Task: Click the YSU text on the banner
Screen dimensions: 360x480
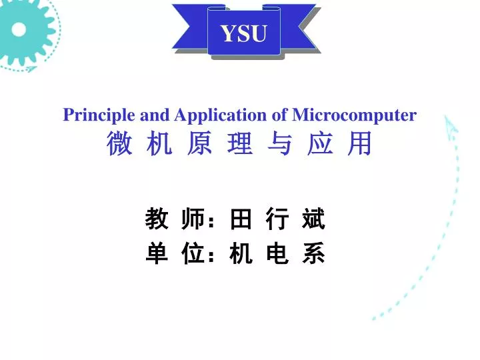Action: pos(243,33)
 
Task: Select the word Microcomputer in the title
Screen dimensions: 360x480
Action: pos(354,115)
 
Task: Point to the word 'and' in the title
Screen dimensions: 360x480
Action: pos(155,115)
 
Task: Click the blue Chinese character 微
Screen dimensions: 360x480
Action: pos(119,144)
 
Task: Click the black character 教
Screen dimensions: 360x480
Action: pos(157,219)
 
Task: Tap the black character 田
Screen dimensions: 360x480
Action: pos(240,219)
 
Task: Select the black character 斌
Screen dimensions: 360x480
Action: pos(313,219)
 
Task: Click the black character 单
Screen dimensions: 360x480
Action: pos(157,254)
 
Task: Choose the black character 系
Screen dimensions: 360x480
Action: pos(313,254)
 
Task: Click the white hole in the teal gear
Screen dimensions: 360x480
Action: pos(19,29)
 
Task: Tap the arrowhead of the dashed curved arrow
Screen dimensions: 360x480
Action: pos(451,123)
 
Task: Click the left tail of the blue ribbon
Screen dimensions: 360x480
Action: pos(189,27)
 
